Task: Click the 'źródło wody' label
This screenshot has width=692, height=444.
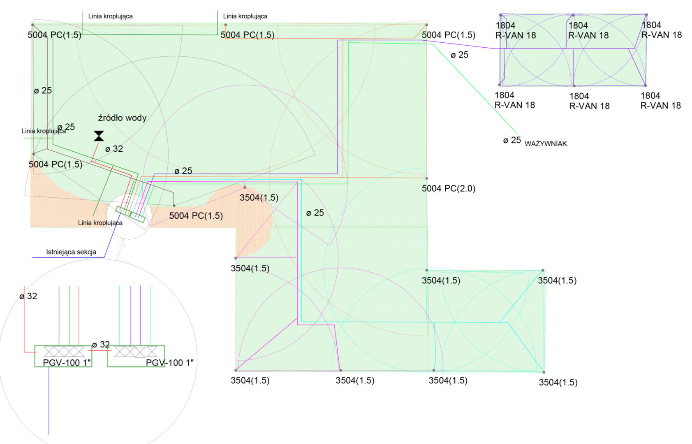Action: [x=122, y=118]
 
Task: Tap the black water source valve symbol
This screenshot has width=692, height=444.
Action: [x=99, y=136]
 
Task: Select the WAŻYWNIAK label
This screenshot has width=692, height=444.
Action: [x=546, y=143]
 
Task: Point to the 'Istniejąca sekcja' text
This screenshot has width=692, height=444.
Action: [x=71, y=252]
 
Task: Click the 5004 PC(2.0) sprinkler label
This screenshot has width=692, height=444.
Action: [x=448, y=188]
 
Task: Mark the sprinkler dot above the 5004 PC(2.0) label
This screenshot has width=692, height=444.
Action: [x=427, y=178]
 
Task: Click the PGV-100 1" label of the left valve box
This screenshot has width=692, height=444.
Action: [x=67, y=363]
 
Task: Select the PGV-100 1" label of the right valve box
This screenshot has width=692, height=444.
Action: [x=169, y=363]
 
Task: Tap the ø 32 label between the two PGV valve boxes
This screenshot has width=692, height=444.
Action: [x=101, y=345]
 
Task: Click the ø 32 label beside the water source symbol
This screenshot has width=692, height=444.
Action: [x=114, y=149]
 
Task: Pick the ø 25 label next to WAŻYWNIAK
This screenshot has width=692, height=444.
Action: [x=512, y=140]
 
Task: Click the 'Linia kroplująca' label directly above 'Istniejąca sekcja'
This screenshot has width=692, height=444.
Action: [x=100, y=223]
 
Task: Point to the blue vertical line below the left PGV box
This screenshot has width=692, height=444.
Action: [x=49, y=401]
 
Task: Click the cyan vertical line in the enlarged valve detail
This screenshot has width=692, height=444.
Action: [x=120, y=315]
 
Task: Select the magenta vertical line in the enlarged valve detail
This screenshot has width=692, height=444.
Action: [x=131, y=315]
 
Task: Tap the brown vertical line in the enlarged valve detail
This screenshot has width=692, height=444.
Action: [x=59, y=315]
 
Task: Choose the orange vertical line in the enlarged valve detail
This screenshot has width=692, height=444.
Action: [x=79, y=315]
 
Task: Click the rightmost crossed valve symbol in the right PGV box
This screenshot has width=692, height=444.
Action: [x=151, y=351]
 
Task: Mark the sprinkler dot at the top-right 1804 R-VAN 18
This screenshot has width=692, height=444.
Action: [x=646, y=15]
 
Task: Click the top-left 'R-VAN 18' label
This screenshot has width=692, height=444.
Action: [x=516, y=35]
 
